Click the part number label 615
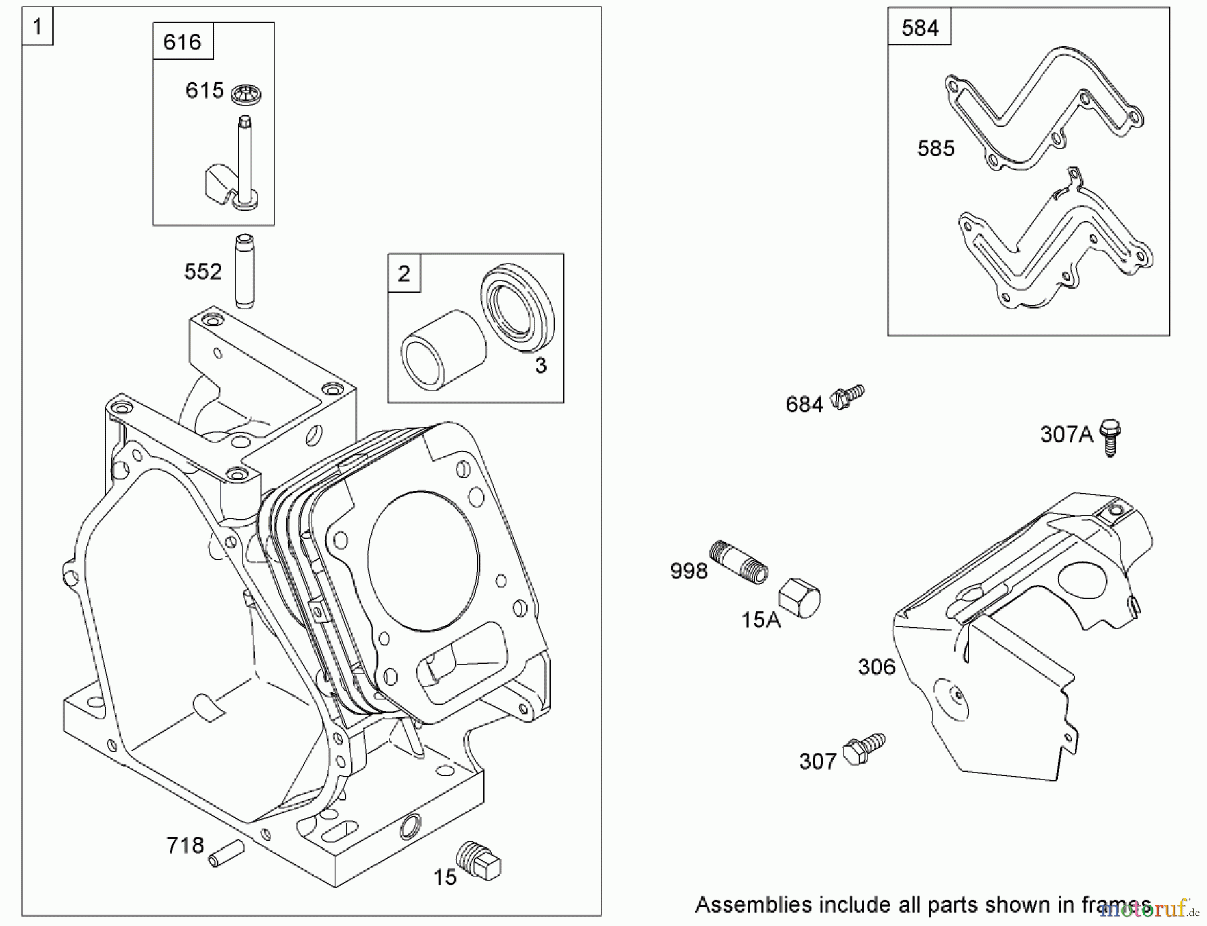pyautogui.click(x=204, y=90)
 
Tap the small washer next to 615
pyautogui.click(x=245, y=94)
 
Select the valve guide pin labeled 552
pyautogui.click(x=244, y=271)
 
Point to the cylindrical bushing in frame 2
pyautogui.click(x=443, y=350)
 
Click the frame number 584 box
pyautogui.click(x=919, y=28)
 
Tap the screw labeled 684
pyautogui.click(x=848, y=397)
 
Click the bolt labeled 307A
pyautogui.click(x=1110, y=437)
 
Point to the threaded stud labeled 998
pyautogui.click(x=738, y=562)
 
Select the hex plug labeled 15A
pyautogui.click(x=799, y=597)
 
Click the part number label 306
pyautogui.click(x=876, y=666)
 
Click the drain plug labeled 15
pyautogui.click(x=479, y=861)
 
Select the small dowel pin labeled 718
pyautogui.click(x=226, y=854)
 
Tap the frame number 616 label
pyautogui.click(x=182, y=42)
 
